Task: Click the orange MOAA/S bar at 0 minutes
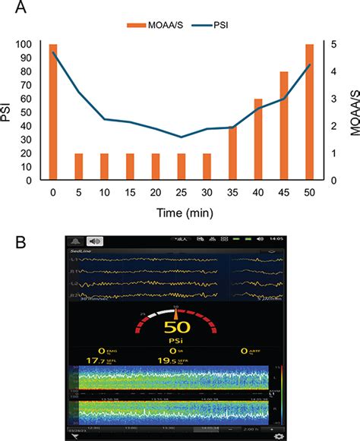tap(53, 112)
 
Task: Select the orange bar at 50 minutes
tap(309, 112)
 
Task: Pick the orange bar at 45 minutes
tap(284, 126)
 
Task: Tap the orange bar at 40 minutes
tap(258, 140)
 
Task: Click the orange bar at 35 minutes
tap(232, 153)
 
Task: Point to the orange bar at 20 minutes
tap(156, 167)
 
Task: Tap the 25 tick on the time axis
tap(182, 194)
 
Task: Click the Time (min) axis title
tap(181, 213)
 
